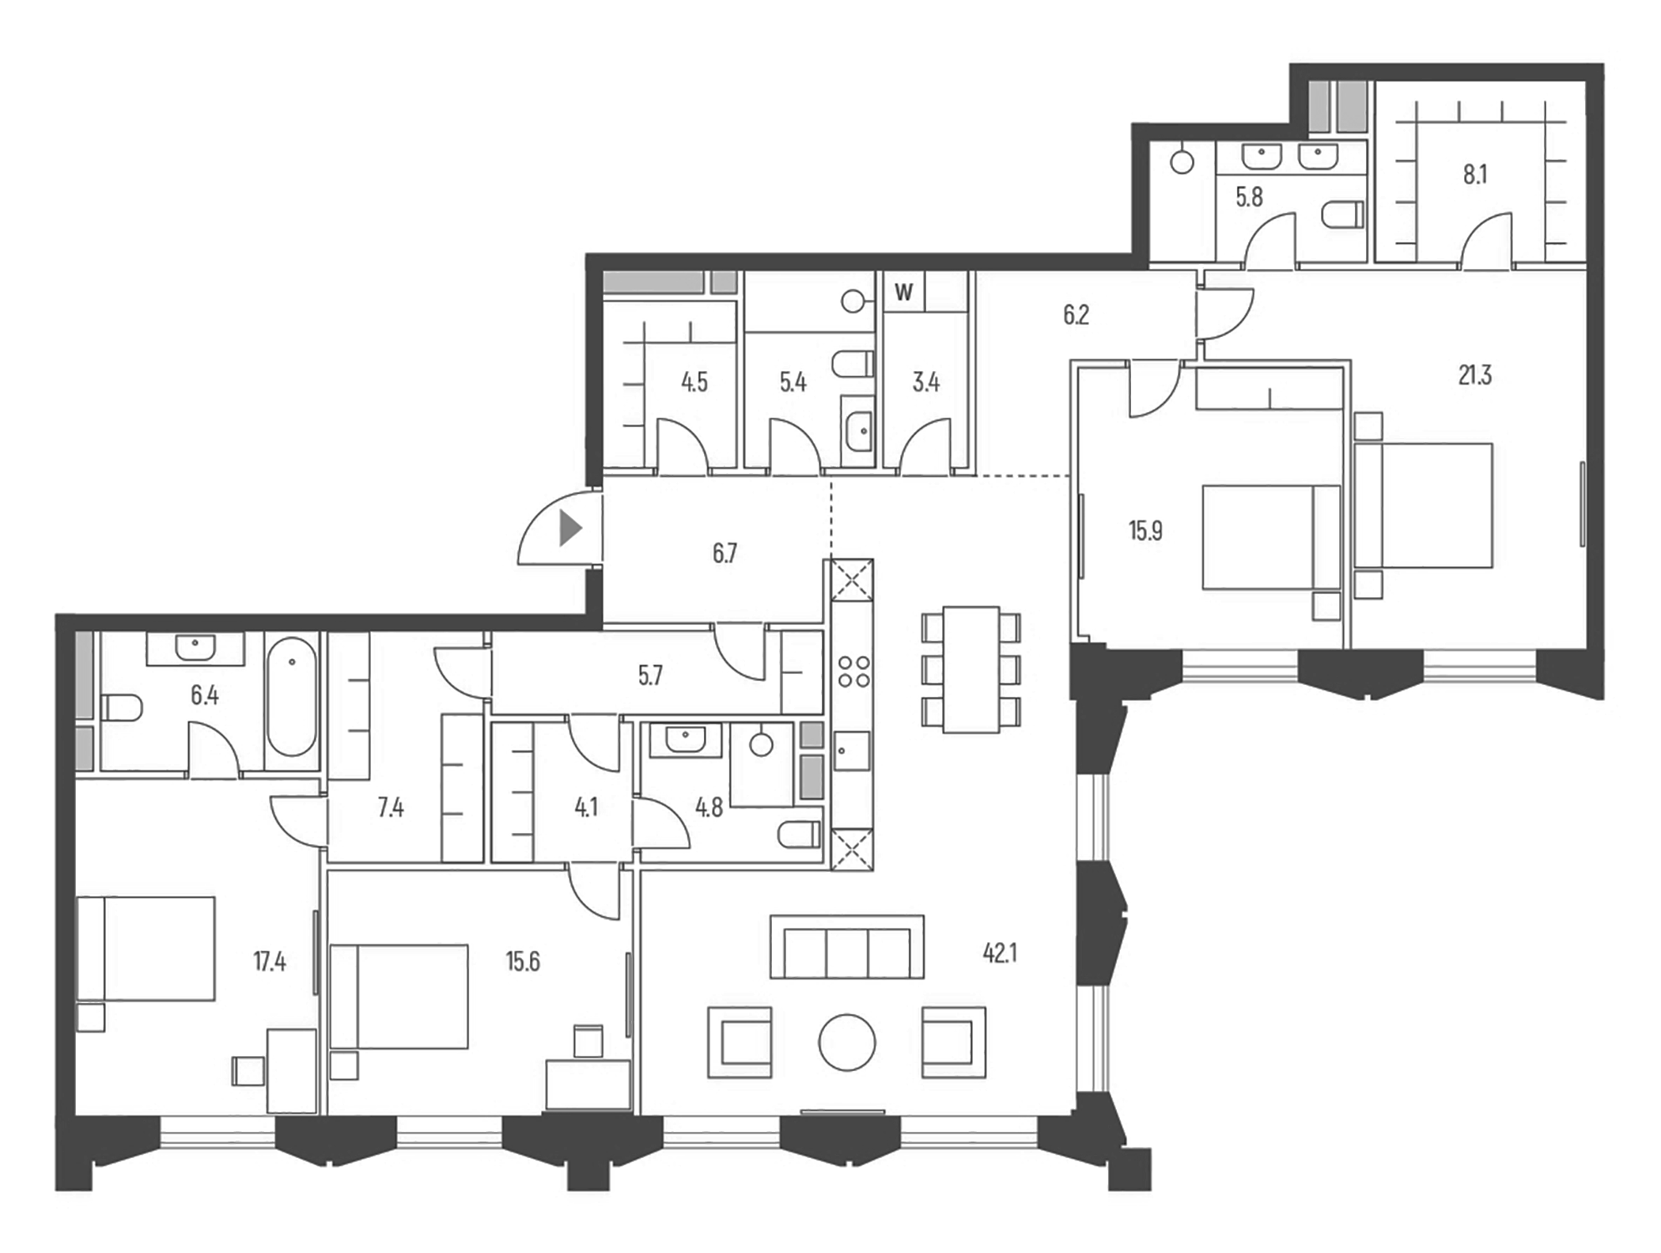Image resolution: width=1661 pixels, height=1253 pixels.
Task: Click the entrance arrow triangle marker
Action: [569, 528]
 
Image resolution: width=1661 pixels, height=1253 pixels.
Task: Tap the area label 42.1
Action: [999, 953]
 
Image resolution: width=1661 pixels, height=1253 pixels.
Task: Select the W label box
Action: [903, 292]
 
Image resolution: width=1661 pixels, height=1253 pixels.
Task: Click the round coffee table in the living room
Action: [846, 1043]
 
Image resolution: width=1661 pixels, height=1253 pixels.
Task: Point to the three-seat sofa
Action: [846, 948]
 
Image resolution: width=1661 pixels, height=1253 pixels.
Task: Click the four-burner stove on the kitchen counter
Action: [853, 671]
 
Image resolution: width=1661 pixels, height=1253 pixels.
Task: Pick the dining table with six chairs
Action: [970, 669]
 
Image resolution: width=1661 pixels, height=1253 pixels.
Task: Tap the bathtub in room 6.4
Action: [291, 697]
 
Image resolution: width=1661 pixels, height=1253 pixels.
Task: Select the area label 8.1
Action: [1474, 174]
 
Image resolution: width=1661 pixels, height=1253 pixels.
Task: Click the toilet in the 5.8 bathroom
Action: [1345, 214]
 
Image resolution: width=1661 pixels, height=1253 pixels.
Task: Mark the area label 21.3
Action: [1474, 375]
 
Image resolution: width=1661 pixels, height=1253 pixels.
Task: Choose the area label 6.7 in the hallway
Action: [725, 553]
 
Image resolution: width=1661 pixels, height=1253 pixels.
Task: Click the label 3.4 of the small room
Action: [925, 382]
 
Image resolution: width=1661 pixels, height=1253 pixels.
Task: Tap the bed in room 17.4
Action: [146, 948]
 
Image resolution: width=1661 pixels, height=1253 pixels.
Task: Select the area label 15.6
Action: [522, 961]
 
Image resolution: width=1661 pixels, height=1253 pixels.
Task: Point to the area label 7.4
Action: [391, 808]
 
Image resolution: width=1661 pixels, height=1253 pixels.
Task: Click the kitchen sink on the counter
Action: [851, 751]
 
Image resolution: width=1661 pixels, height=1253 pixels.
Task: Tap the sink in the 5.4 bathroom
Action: [858, 431]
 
